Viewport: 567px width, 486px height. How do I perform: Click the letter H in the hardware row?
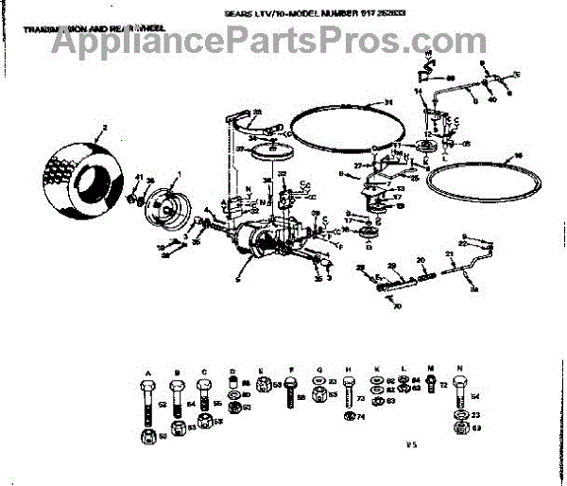[349, 369]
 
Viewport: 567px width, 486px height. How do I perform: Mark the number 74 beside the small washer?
[360, 417]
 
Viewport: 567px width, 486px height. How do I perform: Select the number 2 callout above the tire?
[105, 126]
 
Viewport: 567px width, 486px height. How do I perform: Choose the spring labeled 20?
[421, 273]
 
